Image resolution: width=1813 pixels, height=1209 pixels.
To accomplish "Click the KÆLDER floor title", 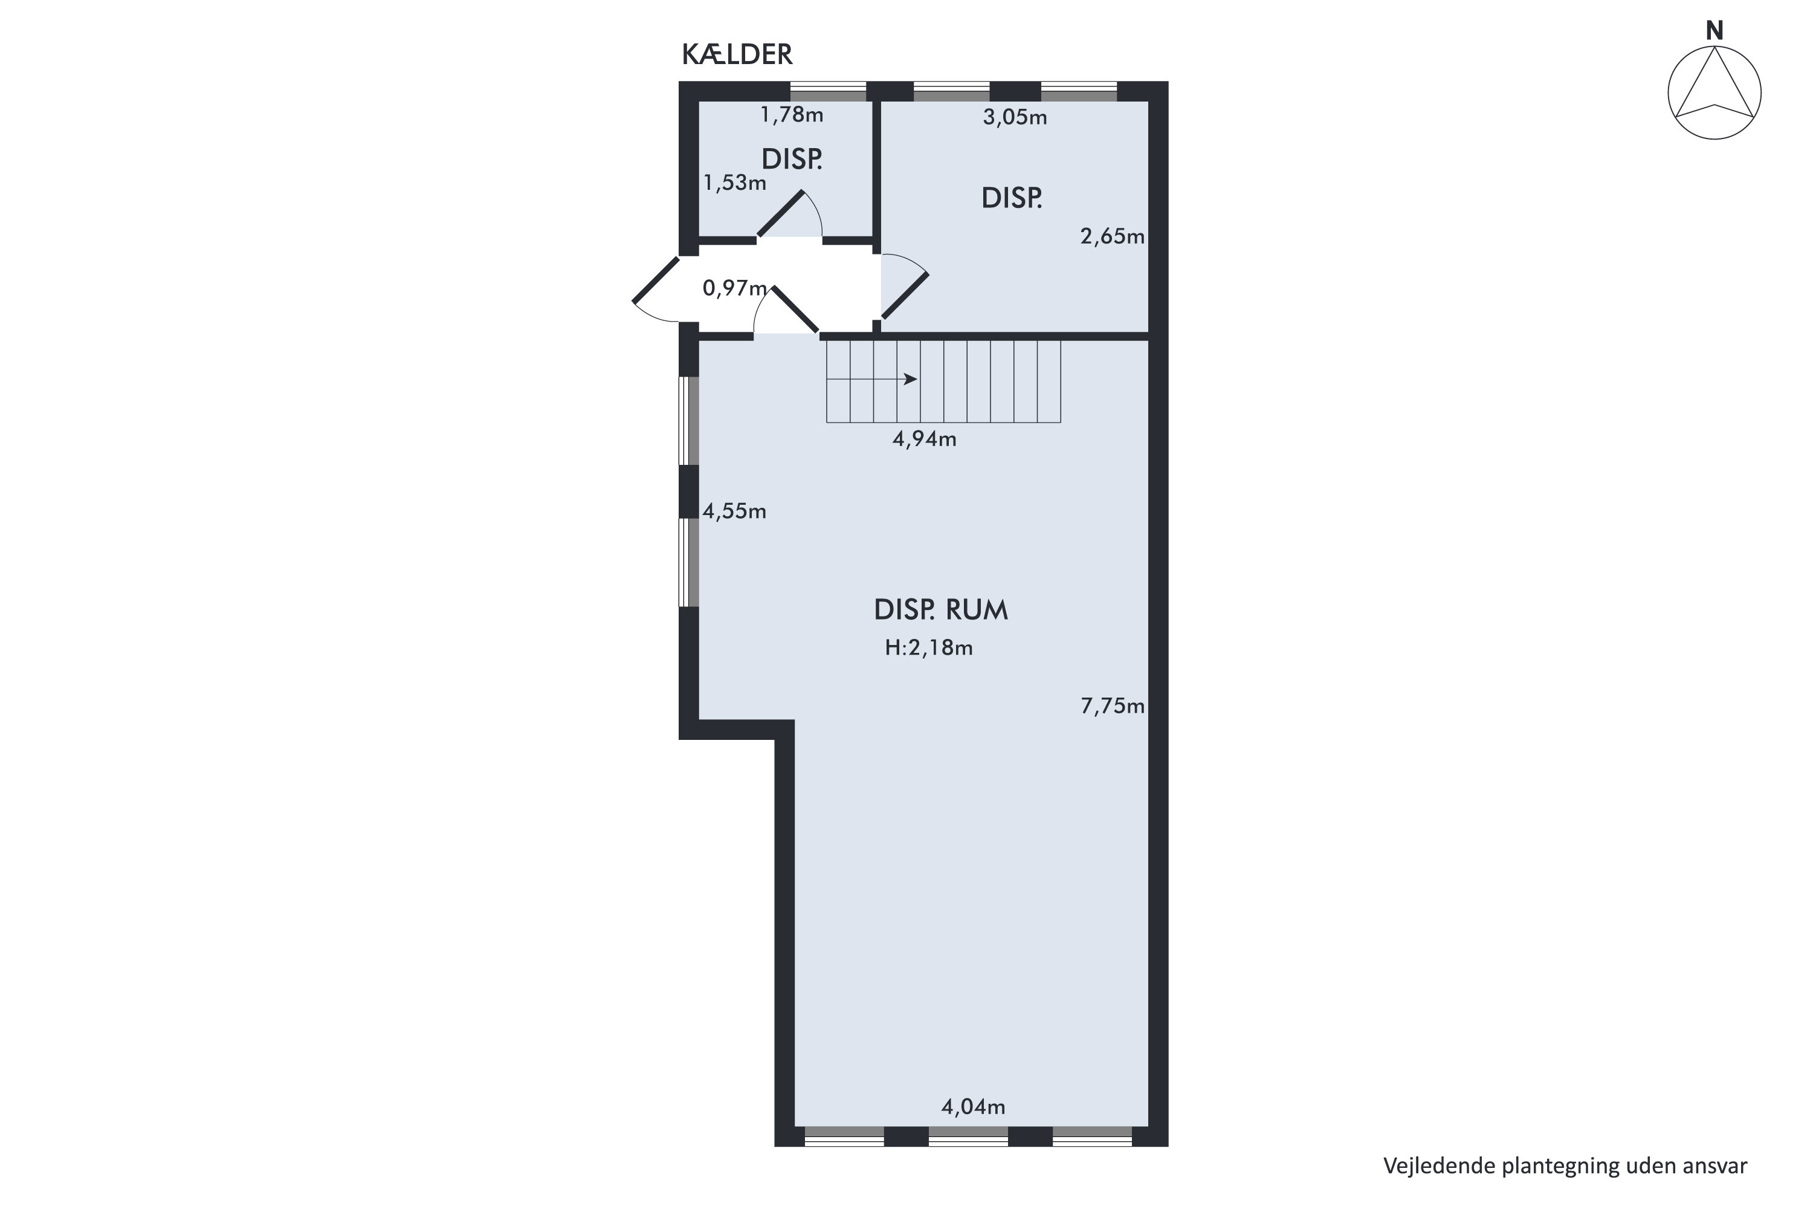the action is click(x=737, y=55).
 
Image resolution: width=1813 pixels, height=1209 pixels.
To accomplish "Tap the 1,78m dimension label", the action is click(x=792, y=115).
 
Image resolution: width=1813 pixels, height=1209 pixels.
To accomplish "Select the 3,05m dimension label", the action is click(x=1015, y=117).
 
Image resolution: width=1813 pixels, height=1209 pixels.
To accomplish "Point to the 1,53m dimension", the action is click(x=735, y=183).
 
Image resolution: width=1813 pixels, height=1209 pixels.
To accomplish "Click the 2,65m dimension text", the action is click(x=1113, y=236).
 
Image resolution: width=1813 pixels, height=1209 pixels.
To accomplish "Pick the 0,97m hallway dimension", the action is click(x=735, y=288).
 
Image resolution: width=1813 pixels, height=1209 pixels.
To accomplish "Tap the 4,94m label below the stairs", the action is click(x=924, y=439).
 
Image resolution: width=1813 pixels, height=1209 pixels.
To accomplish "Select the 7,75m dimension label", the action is click(x=1113, y=705).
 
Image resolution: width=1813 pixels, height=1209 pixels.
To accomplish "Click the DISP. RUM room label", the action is click(x=940, y=610).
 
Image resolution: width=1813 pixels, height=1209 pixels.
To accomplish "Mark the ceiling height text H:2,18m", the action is click(x=928, y=647).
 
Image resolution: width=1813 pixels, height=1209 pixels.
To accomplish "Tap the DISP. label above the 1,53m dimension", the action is click(x=792, y=160).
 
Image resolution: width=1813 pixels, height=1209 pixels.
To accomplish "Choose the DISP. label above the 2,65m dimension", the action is click(x=1011, y=199).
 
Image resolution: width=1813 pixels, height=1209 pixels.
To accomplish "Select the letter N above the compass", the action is click(x=1714, y=31).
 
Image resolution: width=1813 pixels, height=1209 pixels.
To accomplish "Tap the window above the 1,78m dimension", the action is click(x=829, y=91).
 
